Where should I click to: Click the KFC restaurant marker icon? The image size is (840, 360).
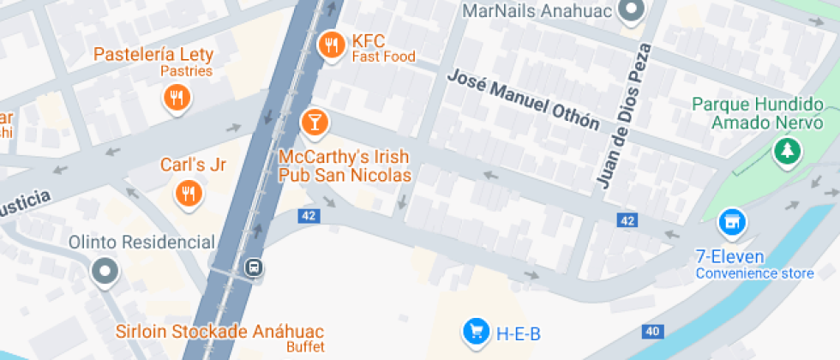pos(330,46)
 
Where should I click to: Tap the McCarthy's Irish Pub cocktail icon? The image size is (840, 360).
pos(314,122)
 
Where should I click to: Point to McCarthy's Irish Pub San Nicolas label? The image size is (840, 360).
pos(345,166)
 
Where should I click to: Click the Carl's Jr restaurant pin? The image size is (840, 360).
pos(188,193)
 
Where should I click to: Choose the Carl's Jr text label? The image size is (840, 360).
pos(193,165)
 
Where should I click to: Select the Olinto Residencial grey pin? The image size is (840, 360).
pos(105,272)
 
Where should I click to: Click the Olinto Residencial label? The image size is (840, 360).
pos(141,243)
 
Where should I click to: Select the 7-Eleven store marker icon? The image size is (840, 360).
pos(731,223)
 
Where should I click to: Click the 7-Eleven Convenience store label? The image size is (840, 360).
pos(754,265)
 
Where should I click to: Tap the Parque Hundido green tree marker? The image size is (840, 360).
pos(784,152)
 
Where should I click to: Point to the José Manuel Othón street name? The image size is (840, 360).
pos(523,100)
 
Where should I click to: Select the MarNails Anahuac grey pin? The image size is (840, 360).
pos(632,10)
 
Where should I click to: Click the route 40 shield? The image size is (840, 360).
pos(652,332)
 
